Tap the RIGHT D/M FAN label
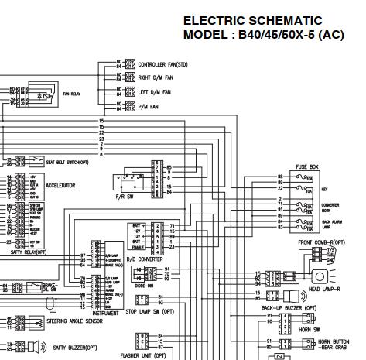156,78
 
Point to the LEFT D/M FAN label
154,92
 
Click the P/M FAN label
149,106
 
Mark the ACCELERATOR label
60,186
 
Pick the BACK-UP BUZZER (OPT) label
288,307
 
